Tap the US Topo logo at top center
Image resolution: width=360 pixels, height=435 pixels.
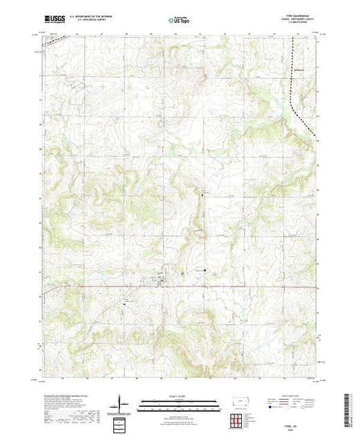pos(180,21)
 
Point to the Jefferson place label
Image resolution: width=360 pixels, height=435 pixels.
pos(299,69)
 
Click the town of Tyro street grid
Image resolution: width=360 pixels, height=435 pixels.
pos(160,280)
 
